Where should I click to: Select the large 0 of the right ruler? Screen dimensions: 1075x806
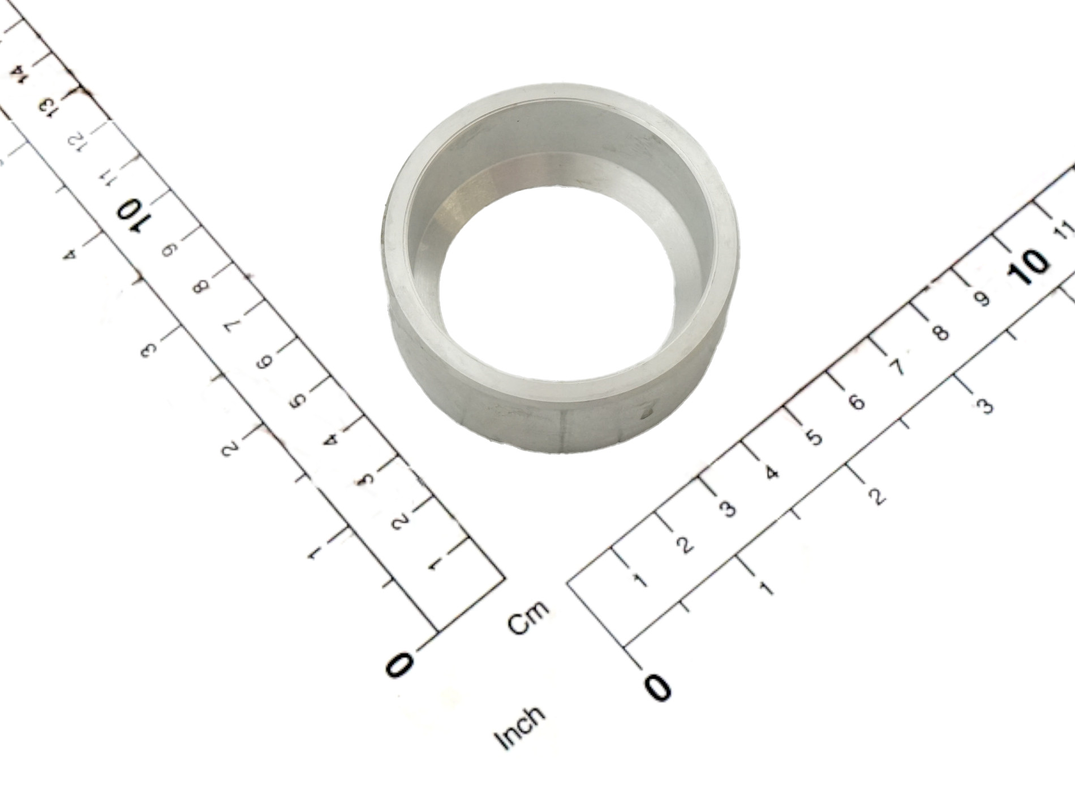coord(658,687)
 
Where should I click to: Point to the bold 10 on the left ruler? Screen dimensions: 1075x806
coord(131,215)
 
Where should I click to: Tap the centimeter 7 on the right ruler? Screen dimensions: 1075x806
coord(897,368)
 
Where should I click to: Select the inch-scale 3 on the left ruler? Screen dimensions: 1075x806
coord(148,350)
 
